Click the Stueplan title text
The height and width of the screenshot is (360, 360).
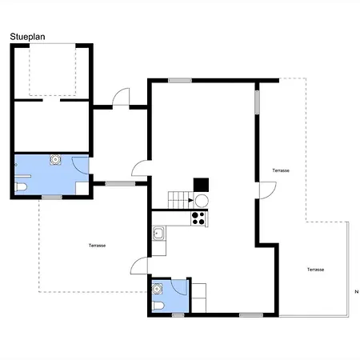[27, 37]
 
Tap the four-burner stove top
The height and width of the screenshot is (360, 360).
[198, 218]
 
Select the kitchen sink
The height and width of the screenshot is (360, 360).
[158, 234]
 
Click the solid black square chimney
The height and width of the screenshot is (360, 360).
[201, 185]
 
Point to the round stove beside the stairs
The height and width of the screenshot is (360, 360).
[202, 201]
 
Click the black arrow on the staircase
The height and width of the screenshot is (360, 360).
[190, 200]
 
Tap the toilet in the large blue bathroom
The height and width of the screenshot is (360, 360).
[21, 187]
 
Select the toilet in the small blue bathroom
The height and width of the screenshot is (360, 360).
[158, 306]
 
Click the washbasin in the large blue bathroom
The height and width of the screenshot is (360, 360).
[55, 159]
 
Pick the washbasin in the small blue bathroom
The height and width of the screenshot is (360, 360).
[157, 289]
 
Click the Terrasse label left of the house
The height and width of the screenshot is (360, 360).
[97, 246]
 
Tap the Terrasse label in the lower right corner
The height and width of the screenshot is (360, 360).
[315, 270]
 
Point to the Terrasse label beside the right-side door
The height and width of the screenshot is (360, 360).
[281, 170]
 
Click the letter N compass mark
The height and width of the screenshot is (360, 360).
[356, 292]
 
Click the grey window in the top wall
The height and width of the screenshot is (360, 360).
[180, 80]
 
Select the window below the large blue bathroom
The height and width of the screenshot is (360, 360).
[52, 197]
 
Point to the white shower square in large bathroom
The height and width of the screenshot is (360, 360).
[82, 188]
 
